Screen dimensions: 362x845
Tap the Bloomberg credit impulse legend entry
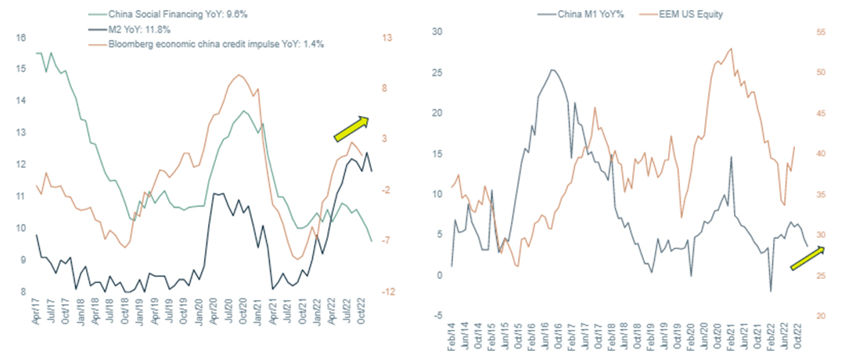199,44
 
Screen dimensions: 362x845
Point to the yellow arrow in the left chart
351,129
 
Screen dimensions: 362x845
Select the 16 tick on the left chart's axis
21,38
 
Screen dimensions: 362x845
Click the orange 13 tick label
387,38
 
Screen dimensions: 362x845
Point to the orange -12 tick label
389,291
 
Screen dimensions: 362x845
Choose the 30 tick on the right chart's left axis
437,32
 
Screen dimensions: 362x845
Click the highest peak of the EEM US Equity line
732,49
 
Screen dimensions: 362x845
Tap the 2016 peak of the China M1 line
552,70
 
